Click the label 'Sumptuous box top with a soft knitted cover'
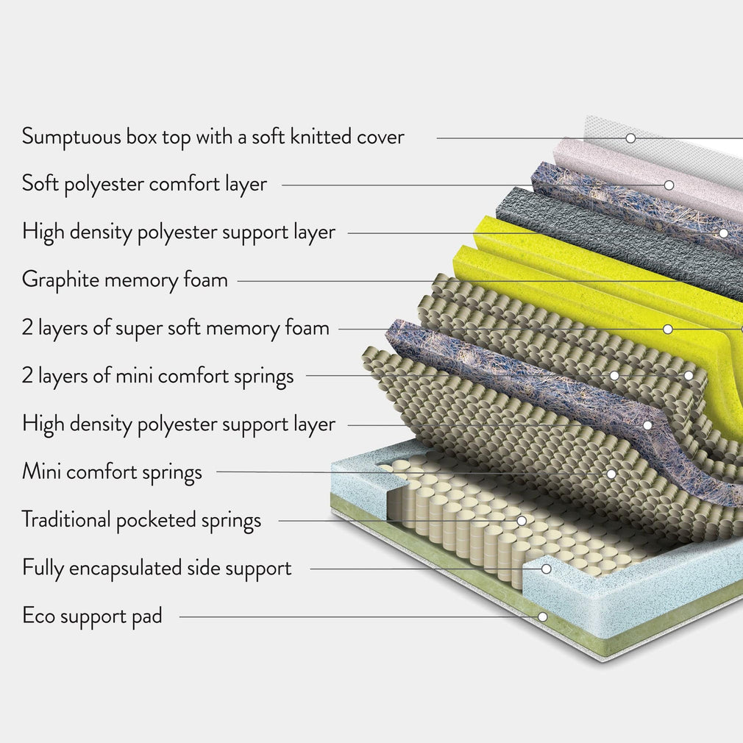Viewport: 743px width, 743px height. click(x=213, y=137)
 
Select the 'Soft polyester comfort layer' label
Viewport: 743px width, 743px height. click(x=144, y=184)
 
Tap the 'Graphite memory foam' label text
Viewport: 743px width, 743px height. click(x=125, y=280)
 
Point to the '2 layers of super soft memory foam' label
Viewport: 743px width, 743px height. click(x=175, y=327)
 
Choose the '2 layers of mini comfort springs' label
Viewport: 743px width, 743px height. click(x=157, y=376)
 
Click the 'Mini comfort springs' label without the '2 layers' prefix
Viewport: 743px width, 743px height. click(x=112, y=472)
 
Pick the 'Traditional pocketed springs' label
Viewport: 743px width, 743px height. click(x=141, y=520)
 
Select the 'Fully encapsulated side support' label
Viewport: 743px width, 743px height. click(x=157, y=568)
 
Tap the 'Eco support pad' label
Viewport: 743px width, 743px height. click(x=92, y=616)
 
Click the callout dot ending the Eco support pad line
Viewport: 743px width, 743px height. click(x=542, y=616)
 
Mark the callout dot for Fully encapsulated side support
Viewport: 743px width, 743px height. click(x=547, y=569)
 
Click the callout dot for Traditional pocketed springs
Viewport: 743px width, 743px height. click(x=521, y=521)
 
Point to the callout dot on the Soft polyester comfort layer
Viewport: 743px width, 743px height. click(x=669, y=185)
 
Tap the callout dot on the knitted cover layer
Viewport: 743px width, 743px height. click(x=630, y=138)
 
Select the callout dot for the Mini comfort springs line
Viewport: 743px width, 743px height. click(x=611, y=473)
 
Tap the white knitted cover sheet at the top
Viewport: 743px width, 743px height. click(x=662, y=147)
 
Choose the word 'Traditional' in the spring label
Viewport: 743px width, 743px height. click(x=66, y=520)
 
